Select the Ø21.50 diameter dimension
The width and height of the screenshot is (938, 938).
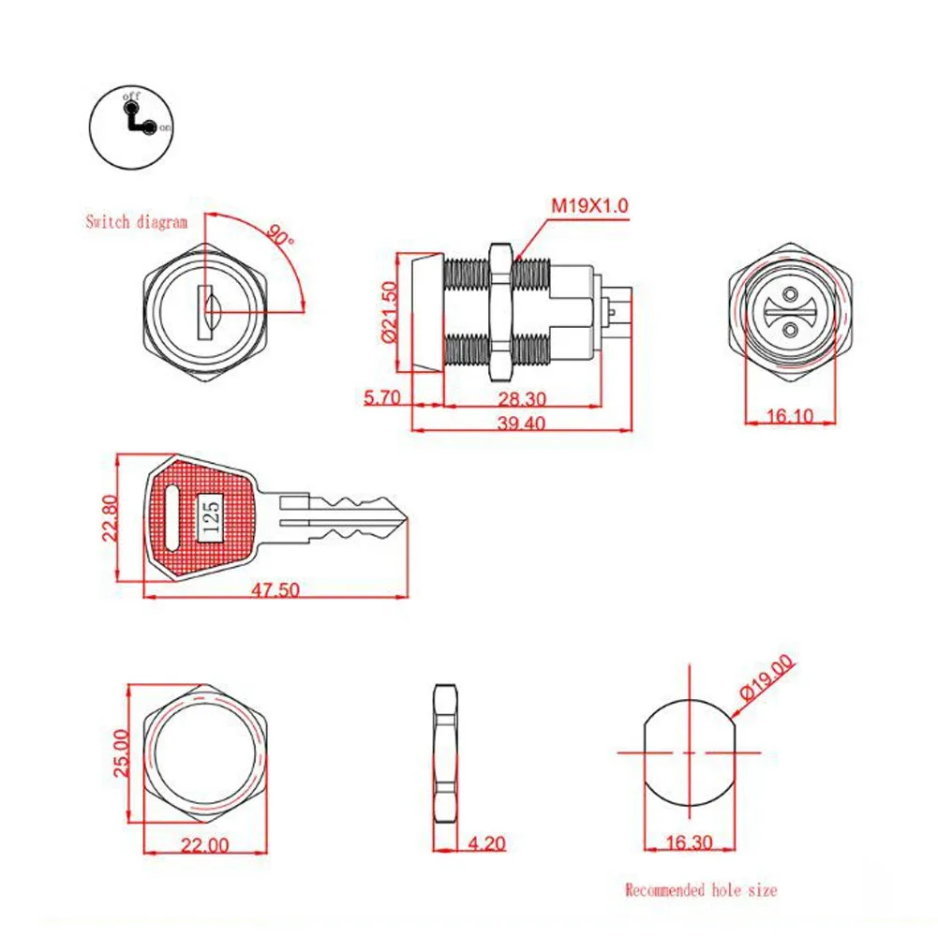pos(393,312)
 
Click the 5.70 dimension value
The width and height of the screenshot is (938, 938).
pos(381,397)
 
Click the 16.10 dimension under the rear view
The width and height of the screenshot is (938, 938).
pos(789,415)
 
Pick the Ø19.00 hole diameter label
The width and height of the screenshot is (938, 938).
pos(767,680)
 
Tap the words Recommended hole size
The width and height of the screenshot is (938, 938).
pos(700,889)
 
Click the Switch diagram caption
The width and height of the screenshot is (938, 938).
pos(137,222)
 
